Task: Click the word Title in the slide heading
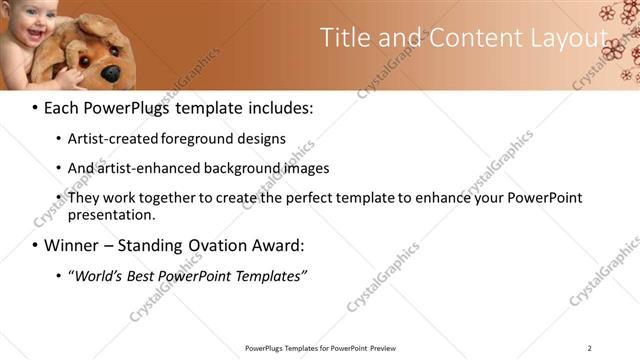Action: [343, 38]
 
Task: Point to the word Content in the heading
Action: [466, 38]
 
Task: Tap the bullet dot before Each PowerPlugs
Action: [36, 106]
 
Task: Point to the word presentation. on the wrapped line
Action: [112, 214]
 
